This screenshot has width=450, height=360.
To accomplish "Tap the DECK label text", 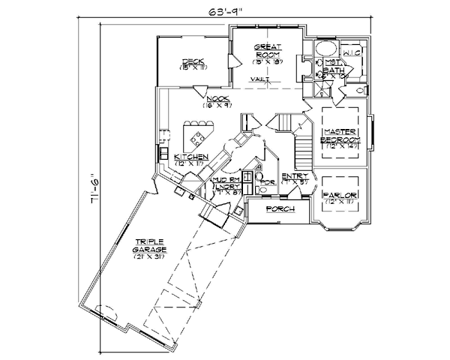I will coord(187,61).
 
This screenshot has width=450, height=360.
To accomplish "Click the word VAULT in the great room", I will coord(262,78).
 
